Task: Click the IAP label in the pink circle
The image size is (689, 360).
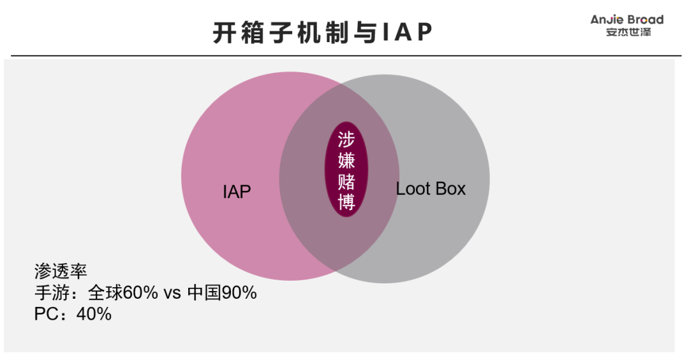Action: (237, 191)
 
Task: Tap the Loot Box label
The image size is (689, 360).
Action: (431, 189)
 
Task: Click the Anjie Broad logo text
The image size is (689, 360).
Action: (626, 20)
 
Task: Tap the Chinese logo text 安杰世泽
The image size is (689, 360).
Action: (628, 33)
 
